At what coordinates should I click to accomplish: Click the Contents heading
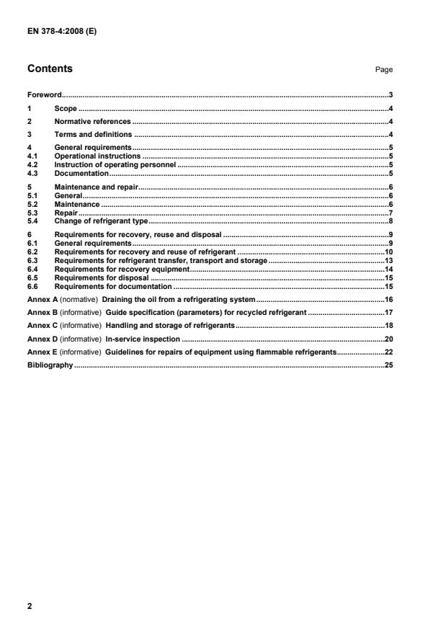tap(50, 69)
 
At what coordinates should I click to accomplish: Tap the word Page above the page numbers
tap(383, 70)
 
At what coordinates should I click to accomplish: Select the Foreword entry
tap(44, 95)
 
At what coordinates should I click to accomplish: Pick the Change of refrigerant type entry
tap(100, 221)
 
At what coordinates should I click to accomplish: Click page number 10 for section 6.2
tap(388, 252)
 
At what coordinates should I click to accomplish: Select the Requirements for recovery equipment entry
tap(121, 269)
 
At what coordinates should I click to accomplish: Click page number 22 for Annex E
tap(388, 352)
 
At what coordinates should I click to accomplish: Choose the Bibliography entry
tap(50, 365)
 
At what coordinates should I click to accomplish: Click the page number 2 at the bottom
tap(30, 606)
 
